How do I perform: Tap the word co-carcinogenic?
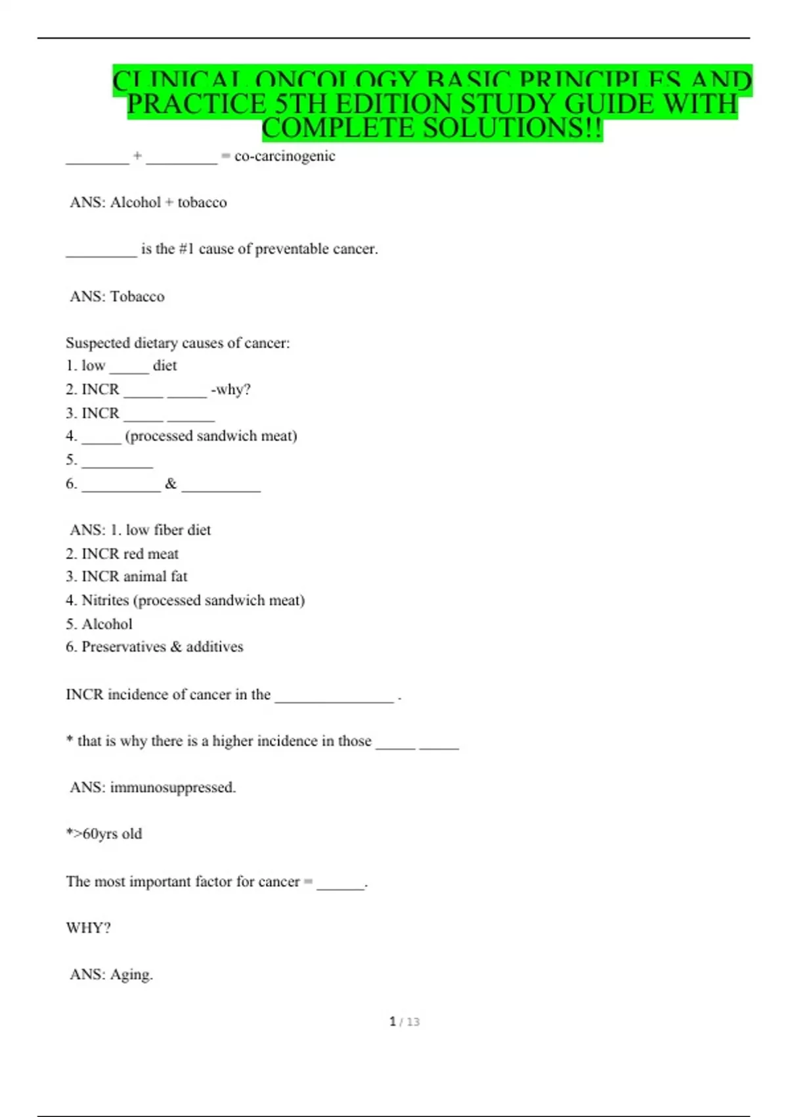(285, 156)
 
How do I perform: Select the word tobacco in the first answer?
(202, 202)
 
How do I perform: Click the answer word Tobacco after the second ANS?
(137, 296)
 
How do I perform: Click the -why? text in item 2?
(230, 389)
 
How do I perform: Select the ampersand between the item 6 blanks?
(171, 484)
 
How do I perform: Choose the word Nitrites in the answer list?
(105, 600)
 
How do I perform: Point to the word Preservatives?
(123, 647)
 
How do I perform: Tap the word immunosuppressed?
(173, 787)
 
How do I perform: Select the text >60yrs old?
(106, 834)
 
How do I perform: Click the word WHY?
(88, 928)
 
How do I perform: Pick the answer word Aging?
(131, 974)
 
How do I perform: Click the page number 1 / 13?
(405, 1022)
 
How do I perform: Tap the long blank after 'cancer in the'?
(334, 699)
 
